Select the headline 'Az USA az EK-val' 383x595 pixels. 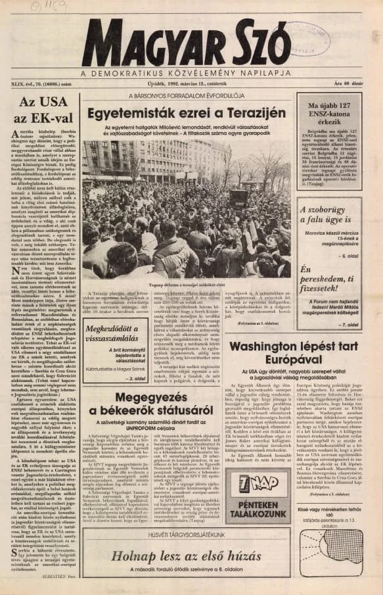43,110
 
